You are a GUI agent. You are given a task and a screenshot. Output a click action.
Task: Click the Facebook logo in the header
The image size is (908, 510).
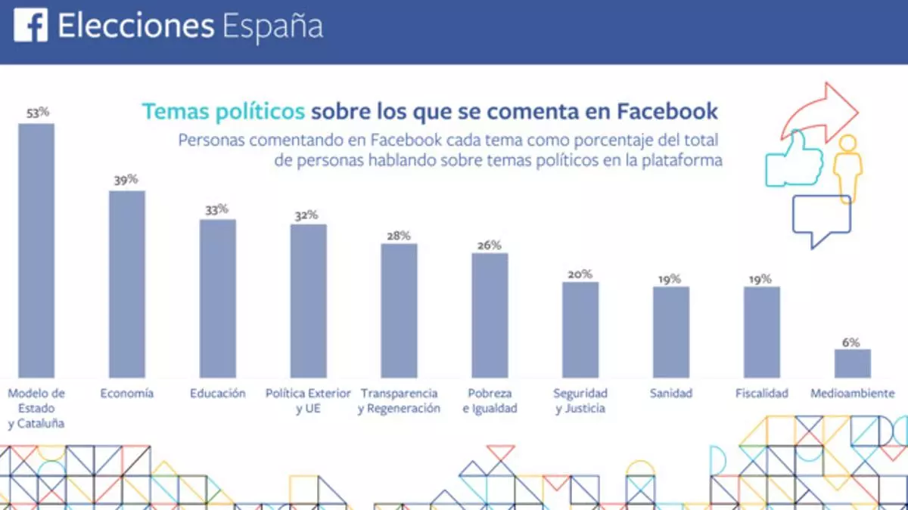30,25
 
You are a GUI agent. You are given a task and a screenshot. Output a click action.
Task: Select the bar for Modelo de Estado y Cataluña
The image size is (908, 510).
36,250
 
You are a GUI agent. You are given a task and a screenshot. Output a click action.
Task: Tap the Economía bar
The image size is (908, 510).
127,284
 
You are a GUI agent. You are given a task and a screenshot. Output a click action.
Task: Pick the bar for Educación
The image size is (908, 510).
218,298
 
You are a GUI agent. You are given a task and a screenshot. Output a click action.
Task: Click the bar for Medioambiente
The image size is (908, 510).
853,363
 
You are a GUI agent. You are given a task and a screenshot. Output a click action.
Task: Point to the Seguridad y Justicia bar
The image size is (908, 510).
580,329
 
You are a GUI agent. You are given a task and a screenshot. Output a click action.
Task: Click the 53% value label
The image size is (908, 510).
37,113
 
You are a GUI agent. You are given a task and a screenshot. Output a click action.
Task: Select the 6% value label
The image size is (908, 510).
851,342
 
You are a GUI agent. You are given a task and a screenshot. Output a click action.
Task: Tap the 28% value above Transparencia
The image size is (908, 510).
399,235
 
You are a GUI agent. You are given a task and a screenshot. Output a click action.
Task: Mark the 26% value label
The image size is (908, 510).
490,245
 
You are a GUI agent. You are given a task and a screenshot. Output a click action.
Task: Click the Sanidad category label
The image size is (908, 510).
670,394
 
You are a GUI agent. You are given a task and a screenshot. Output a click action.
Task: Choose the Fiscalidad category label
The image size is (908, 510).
762,394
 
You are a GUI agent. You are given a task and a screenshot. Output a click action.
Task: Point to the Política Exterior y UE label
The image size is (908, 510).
309,400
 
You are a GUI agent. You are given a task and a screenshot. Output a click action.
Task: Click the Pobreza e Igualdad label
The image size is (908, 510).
490,400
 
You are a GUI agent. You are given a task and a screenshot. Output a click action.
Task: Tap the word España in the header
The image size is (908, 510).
273,27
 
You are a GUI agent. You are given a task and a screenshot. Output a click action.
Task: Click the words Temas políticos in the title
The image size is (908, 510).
224,112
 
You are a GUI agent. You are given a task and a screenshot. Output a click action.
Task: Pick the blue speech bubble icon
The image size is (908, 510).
821,220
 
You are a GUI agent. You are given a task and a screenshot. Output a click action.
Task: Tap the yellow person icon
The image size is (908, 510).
847,168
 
